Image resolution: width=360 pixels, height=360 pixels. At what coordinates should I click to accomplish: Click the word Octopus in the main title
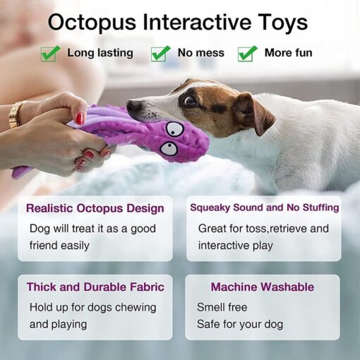tap(92, 23)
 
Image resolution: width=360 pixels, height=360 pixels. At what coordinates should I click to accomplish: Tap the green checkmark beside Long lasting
tap(50, 54)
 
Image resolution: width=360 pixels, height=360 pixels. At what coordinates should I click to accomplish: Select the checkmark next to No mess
tap(160, 54)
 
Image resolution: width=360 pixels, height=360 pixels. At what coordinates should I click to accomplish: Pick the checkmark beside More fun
tap(247, 54)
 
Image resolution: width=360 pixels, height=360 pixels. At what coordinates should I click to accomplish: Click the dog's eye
tap(191, 101)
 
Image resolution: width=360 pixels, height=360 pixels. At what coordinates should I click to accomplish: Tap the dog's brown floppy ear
tap(253, 114)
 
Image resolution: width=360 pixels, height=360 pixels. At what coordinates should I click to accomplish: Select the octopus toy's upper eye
tap(174, 129)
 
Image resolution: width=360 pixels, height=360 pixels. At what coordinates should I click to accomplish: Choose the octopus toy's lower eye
tap(169, 148)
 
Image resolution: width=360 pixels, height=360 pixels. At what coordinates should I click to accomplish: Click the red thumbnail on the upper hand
tap(80, 119)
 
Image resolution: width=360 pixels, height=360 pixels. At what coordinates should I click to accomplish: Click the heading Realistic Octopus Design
tap(95, 208)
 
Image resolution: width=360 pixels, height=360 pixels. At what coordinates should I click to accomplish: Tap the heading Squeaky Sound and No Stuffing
tap(265, 208)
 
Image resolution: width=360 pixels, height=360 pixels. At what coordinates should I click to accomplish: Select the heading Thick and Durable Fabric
tap(95, 287)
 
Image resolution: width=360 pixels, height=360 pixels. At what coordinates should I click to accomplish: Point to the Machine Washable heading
tap(263, 287)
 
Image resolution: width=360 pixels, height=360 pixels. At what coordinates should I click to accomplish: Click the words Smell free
tap(222, 307)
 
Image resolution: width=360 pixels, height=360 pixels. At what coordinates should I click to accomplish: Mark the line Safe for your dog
tap(240, 324)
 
